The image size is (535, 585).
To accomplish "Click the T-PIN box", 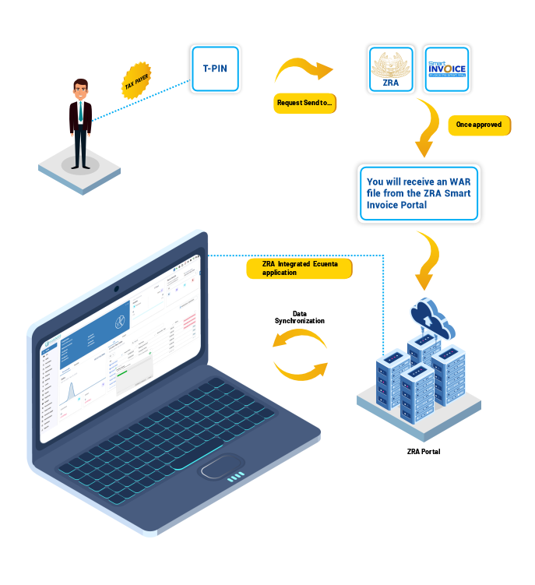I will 214,69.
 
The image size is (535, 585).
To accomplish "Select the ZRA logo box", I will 389,69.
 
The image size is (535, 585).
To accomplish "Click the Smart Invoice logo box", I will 446,69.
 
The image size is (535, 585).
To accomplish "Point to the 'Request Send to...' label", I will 304,103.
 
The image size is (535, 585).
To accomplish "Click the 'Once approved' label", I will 479,125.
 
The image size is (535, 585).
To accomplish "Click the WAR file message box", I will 418,193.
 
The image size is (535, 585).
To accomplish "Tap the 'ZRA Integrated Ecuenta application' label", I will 297,267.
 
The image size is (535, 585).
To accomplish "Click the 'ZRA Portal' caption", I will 424,451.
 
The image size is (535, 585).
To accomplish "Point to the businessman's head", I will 80,88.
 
